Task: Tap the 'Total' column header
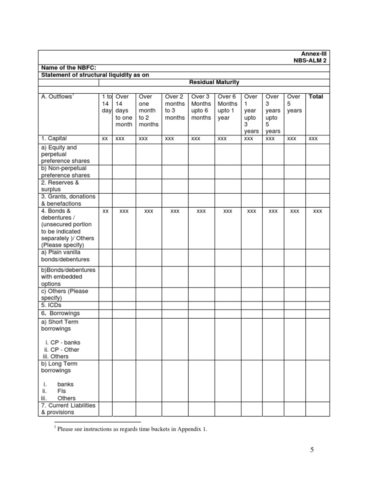point(316,97)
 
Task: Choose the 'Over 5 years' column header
point(294,103)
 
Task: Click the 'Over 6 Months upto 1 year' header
point(227,107)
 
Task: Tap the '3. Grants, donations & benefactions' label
point(68,200)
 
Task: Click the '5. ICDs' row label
point(51,305)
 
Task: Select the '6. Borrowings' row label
point(60,313)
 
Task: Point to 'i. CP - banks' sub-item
point(62,343)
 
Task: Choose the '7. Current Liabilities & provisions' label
point(68,409)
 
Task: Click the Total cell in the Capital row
point(313,139)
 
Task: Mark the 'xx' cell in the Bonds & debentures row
point(105,211)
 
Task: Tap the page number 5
point(311,450)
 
